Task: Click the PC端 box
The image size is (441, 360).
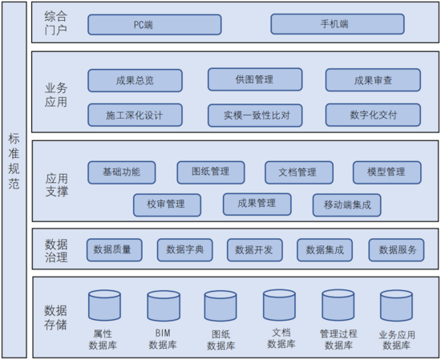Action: (155, 25)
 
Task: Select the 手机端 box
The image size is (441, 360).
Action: (338, 24)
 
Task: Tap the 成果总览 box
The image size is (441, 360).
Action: (135, 81)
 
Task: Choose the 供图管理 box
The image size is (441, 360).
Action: (255, 79)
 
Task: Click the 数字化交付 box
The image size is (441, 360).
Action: (373, 115)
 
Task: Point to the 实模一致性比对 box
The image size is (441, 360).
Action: (255, 115)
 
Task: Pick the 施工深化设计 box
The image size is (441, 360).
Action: (135, 115)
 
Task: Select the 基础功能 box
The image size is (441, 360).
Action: (122, 172)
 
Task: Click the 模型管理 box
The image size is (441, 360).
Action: (387, 172)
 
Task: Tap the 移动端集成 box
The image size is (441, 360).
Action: (346, 205)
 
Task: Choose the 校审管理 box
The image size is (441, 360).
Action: (167, 205)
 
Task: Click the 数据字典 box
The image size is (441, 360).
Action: (184, 250)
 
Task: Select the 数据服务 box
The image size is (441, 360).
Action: (396, 250)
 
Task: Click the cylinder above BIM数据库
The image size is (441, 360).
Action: (164, 306)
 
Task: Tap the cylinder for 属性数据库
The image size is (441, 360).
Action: (104, 305)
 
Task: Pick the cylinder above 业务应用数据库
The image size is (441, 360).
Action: (396, 306)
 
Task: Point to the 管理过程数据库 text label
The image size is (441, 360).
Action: (338, 339)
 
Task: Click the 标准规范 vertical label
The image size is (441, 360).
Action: (14, 161)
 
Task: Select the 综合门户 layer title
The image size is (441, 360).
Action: (55, 23)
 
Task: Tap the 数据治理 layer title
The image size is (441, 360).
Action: (56, 251)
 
